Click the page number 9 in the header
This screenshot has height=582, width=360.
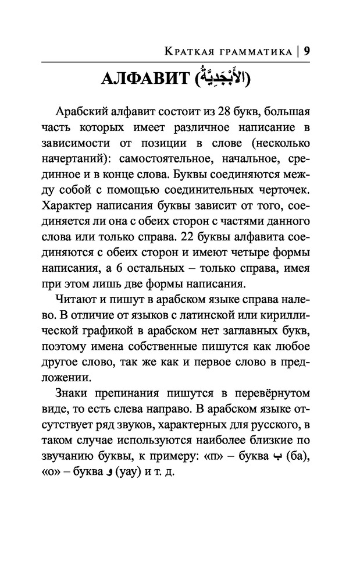point(307,51)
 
